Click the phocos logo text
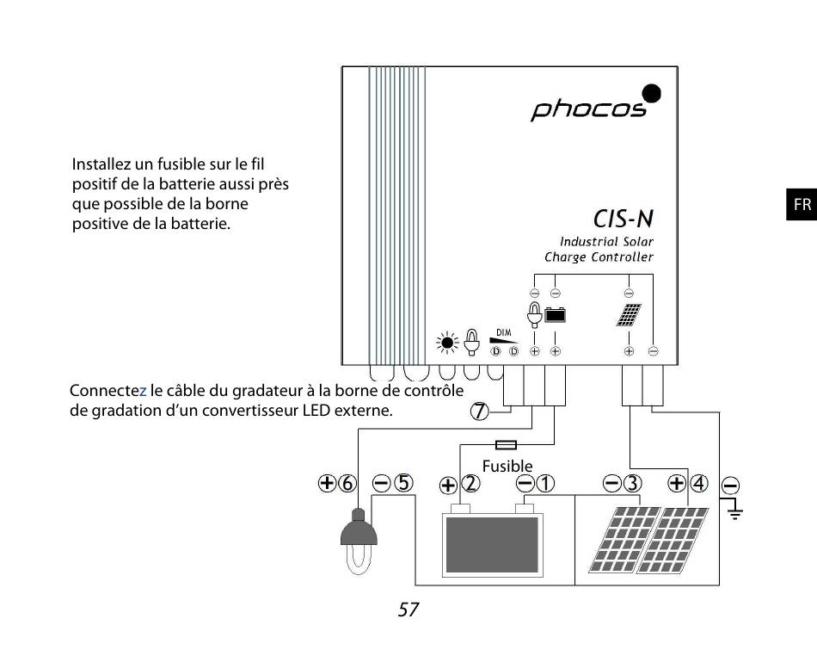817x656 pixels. click(x=588, y=110)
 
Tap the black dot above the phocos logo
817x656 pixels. click(x=652, y=93)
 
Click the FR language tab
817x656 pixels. click(x=802, y=205)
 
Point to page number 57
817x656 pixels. click(x=408, y=610)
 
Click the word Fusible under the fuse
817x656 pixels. click(x=507, y=466)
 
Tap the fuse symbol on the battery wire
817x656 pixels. click(x=507, y=445)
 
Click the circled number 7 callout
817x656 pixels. click(x=479, y=412)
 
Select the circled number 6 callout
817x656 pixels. click(x=347, y=483)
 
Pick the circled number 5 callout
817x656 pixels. click(x=403, y=483)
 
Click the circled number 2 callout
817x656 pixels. click(x=470, y=485)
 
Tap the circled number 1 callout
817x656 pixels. click(x=545, y=484)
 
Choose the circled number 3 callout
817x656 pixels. click(x=632, y=483)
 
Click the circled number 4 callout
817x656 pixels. click(x=698, y=483)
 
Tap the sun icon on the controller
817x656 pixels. click(x=447, y=343)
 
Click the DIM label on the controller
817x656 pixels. click(x=505, y=331)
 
